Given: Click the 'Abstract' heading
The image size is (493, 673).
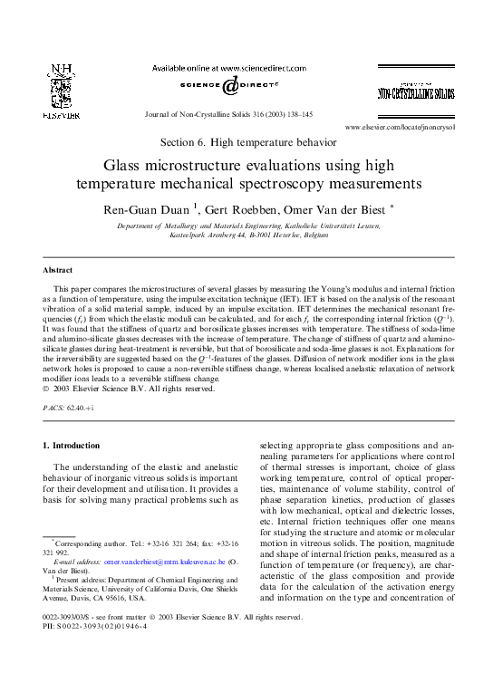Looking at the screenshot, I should pyautogui.click(x=60, y=271).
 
